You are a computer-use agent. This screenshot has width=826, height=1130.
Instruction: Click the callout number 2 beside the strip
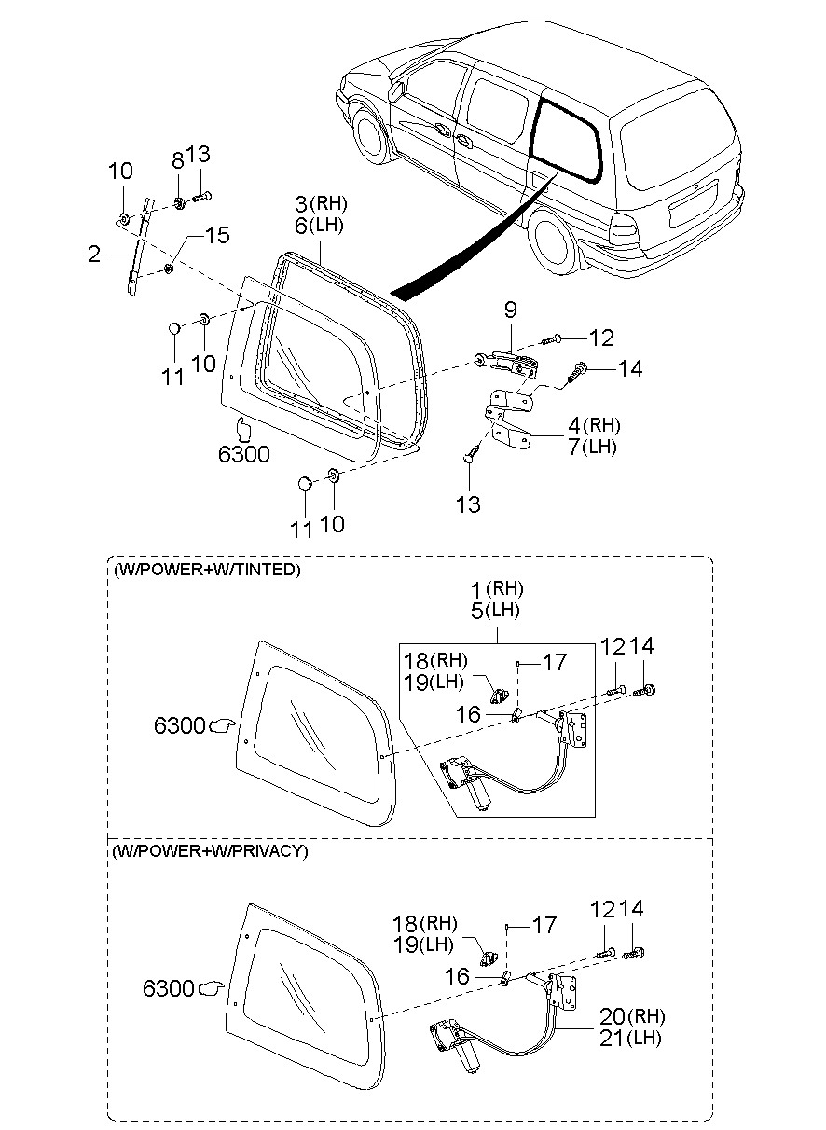point(94,255)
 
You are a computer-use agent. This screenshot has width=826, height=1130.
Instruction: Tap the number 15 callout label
point(217,235)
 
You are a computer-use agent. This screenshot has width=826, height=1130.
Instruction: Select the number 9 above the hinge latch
point(511,310)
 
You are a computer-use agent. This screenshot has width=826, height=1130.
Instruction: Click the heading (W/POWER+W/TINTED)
point(207,570)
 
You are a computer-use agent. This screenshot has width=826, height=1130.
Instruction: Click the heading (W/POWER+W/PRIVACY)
point(210,851)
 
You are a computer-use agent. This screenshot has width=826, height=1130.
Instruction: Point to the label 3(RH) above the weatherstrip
point(321,204)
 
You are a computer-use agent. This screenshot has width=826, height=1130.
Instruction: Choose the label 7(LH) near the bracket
point(592,447)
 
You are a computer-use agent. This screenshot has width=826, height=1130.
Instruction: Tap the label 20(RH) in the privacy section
point(632,1016)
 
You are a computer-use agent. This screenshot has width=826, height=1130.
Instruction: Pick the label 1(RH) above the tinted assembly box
point(497,588)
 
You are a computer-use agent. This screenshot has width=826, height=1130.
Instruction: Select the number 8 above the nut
point(178,161)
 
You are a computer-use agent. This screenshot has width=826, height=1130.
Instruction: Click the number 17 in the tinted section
point(555,662)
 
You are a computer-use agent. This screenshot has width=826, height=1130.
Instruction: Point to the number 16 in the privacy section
point(457,976)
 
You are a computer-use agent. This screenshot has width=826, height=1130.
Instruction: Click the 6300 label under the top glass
point(243,455)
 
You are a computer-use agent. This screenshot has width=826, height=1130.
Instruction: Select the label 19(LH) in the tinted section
point(434,682)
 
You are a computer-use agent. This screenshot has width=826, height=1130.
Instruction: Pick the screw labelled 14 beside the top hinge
point(576,373)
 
